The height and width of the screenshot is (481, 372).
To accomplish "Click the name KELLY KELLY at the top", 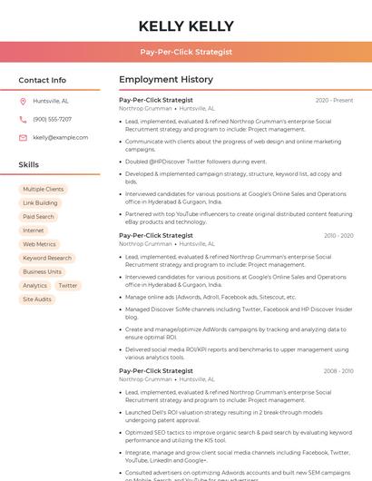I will click(x=186, y=26).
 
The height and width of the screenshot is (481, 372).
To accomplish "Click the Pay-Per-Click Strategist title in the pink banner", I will click(x=186, y=53).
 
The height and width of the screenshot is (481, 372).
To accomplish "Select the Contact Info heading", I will click(x=42, y=80).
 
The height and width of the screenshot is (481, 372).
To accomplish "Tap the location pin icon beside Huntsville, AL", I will click(x=23, y=101).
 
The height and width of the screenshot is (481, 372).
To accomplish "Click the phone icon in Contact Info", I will click(x=23, y=119).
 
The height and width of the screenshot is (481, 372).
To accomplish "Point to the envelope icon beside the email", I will click(x=23, y=137).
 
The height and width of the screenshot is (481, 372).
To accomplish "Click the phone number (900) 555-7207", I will click(x=52, y=119).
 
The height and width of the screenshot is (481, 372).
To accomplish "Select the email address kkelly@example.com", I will click(x=60, y=137).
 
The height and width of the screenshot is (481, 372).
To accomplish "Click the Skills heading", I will click(x=28, y=164).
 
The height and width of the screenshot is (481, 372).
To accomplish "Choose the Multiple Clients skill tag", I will click(x=44, y=189).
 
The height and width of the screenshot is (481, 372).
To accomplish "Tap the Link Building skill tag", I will click(x=40, y=203).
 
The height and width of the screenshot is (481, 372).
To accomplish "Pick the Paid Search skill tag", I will click(x=38, y=217).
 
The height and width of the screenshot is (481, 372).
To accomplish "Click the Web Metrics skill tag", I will click(x=39, y=244).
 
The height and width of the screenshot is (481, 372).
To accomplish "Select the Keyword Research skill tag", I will click(x=47, y=258).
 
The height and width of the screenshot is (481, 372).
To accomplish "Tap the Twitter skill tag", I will click(x=68, y=285).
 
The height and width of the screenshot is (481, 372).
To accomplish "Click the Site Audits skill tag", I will click(x=37, y=299).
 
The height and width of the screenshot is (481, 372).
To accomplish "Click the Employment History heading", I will click(x=166, y=80).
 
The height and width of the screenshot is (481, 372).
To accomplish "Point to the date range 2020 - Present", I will click(x=334, y=100).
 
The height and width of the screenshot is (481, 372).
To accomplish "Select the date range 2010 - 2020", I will click(x=338, y=235).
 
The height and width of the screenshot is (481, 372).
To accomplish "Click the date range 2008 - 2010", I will click(x=338, y=370).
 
